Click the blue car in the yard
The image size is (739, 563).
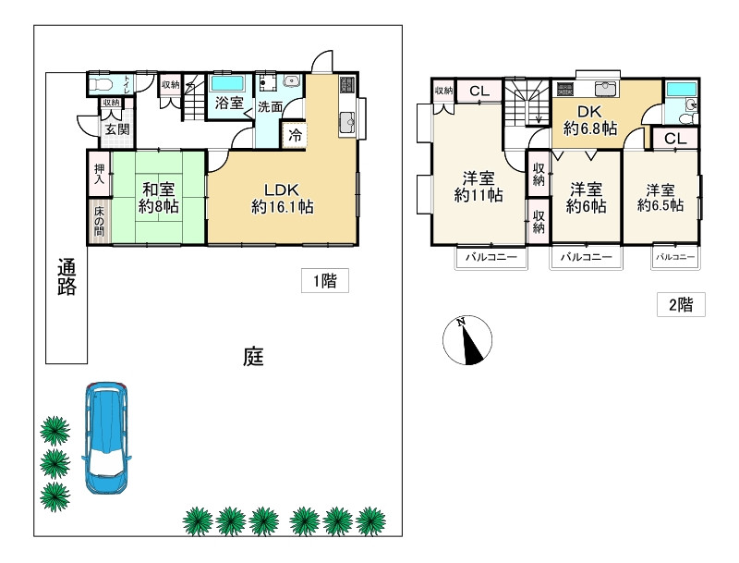[x=106, y=438]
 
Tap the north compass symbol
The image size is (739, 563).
[x=467, y=340]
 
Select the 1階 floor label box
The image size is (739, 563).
[x=325, y=280]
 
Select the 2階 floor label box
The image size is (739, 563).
[x=681, y=304]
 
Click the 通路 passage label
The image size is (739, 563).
[x=67, y=276]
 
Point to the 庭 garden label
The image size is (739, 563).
[x=253, y=357]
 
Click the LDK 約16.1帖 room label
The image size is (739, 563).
[x=283, y=198]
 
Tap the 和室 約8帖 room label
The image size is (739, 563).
[x=158, y=198]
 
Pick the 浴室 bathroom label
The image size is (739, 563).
[x=229, y=103]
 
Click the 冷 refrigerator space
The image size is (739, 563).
[x=295, y=135]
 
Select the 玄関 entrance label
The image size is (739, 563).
[x=116, y=129]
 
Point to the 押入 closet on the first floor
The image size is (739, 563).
[x=100, y=173]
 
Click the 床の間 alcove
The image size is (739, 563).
[x=100, y=221]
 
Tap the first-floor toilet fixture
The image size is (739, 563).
[x=101, y=85]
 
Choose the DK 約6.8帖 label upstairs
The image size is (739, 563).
[x=590, y=120]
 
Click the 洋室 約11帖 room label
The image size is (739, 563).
[x=479, y=187]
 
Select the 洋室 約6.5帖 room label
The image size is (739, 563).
[x=660, y=198]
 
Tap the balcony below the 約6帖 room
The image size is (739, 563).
[x=586, y=257]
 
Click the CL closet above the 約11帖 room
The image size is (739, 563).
[x=479, y=91]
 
